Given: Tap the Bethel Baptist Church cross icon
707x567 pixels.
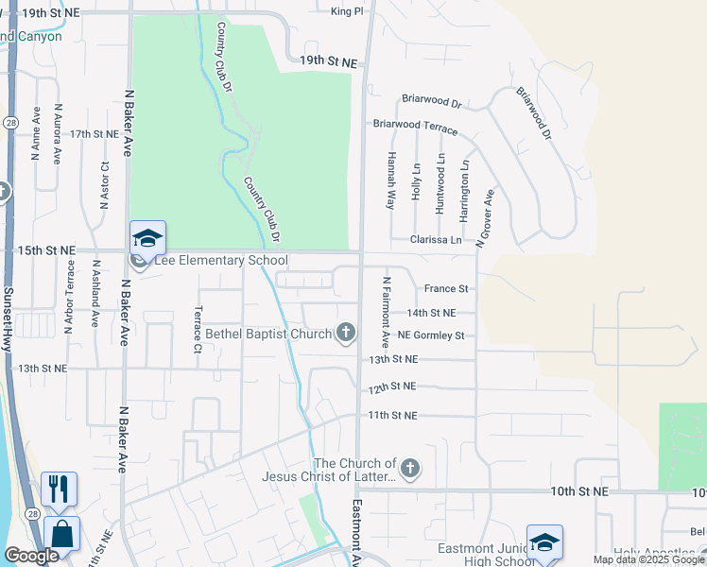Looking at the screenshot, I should [347, 332].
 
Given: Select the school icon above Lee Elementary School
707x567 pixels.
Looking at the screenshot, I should [148, 237].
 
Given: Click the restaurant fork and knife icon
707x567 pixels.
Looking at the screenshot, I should [59, 489].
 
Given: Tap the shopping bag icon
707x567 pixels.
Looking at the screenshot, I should [61, 534].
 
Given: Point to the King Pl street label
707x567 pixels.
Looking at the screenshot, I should [347, 11].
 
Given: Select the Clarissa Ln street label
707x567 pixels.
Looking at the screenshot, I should [436, 240].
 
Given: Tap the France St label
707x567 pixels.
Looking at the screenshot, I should [446, 288].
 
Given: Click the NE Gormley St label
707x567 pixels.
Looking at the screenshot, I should [431, 335].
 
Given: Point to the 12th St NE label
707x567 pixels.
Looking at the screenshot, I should [392, 387].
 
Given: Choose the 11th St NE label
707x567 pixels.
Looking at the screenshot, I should [392, 415].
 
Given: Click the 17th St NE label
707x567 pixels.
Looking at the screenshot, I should [94, 134].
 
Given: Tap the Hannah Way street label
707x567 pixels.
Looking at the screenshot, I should [390, 182].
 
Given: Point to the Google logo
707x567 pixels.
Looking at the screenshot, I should [31, 556].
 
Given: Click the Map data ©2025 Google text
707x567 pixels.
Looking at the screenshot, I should [649, 559].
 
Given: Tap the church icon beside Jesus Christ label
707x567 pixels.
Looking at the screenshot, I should [409, 468].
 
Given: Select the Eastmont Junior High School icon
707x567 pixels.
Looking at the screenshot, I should [544, 541].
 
